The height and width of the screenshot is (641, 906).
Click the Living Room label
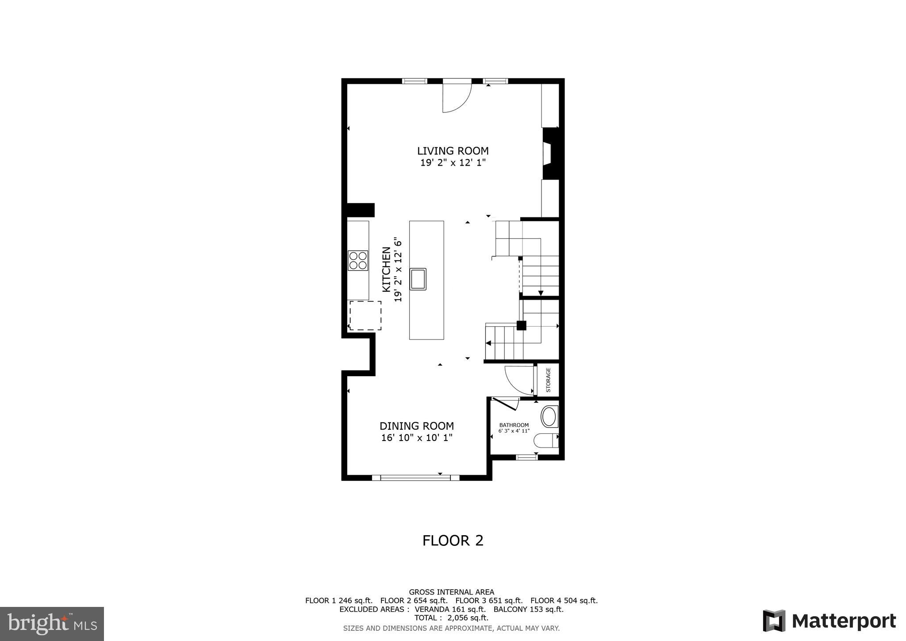[x=453, y=151]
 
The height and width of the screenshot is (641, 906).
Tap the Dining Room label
[x=416, y=426]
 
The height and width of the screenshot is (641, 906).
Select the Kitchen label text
[x=386, y=270]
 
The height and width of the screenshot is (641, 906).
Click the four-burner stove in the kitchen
[x=358, y=260]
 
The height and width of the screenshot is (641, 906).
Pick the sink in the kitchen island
[x=418, y=279]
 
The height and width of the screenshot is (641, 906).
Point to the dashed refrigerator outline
[x=365, y=315]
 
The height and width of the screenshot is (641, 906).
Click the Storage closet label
[x=548, y=380]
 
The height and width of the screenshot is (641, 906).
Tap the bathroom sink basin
[x=549, y=417]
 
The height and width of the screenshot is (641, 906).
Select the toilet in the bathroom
[x=546, y=441]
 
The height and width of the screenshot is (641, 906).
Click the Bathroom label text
[x=514, y=425]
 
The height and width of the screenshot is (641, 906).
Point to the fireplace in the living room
[x=550, y=154]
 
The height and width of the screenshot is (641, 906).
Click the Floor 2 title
[x=453, y=541]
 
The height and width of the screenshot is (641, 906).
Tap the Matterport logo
[x=829, y=621]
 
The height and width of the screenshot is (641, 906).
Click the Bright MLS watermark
[x=52, y=624]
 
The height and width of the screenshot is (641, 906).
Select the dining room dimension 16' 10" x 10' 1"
[x=416, y=438]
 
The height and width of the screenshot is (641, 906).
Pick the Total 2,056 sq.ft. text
[x=451, y=618]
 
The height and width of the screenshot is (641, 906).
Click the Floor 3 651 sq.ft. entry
[x=489, y=601]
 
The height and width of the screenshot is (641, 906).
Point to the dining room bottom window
[x=416, y=477]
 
